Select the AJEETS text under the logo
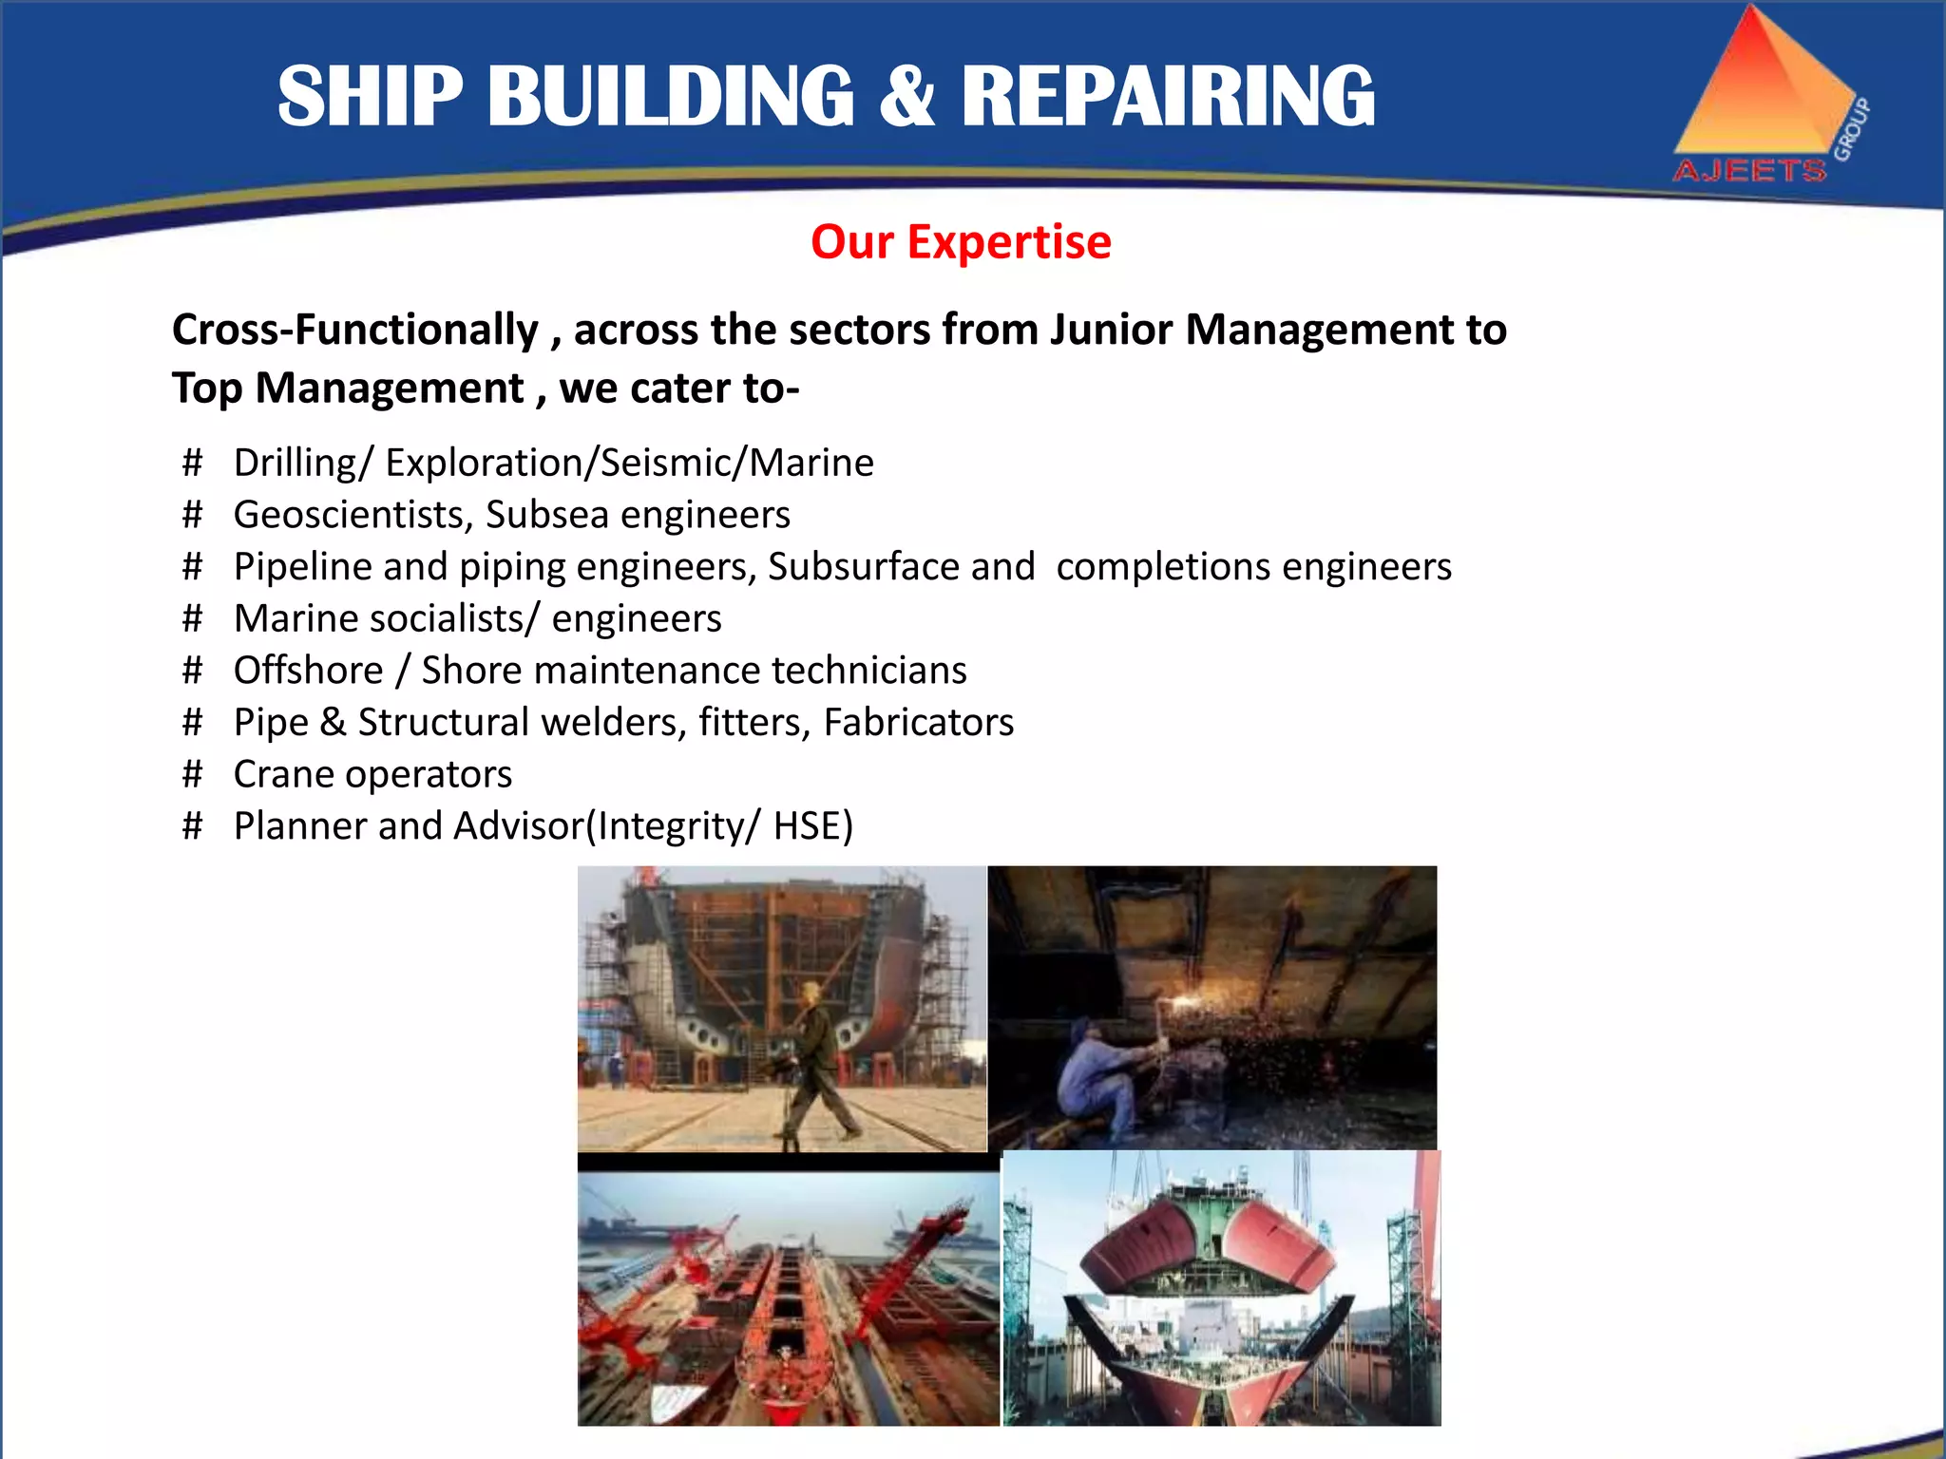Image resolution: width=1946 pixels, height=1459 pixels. click(1749, 171)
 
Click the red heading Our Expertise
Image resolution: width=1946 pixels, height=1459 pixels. click(961, 242)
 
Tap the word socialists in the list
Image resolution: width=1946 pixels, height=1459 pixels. click(447, 619)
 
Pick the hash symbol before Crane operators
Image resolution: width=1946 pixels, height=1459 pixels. click(193, 774)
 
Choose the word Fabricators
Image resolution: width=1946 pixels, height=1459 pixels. click(919, 723)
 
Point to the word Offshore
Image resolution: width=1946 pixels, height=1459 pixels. click(308, 671)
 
